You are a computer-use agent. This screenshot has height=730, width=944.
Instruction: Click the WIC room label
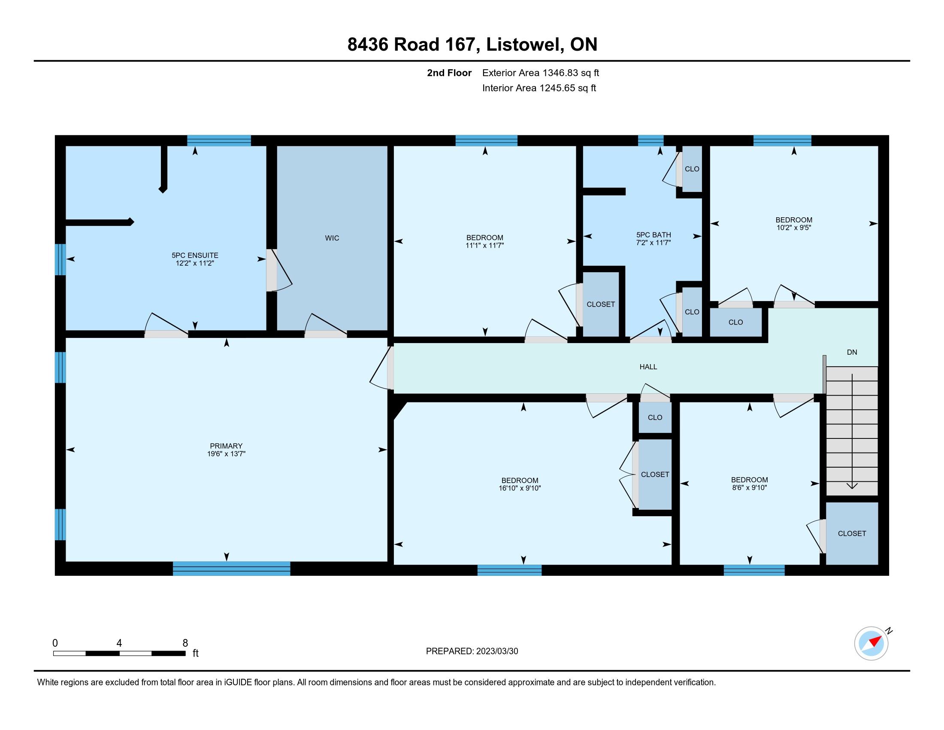[332, 238]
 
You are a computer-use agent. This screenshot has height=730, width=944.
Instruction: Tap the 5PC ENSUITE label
[195, 255]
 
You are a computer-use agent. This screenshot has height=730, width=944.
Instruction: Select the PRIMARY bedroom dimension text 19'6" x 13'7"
[226, 453]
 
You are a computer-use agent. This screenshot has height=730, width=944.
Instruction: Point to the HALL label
[648, 367]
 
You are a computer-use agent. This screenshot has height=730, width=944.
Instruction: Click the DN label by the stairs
[852, 352]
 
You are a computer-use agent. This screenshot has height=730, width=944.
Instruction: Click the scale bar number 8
[185, 643]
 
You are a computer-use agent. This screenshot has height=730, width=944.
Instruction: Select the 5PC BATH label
[654, 235]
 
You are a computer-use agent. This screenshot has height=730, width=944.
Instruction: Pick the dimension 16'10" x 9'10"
[520, 488]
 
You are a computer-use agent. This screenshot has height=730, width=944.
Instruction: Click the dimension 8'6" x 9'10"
[750, 487]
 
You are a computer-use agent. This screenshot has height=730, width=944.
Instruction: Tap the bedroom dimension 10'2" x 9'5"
[793, 228]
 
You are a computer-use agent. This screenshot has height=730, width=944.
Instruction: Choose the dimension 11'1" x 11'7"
[485, 245]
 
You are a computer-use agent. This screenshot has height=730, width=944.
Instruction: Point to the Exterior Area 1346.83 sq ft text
[541, 73]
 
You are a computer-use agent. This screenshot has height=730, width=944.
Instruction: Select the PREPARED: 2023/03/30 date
[472, 651]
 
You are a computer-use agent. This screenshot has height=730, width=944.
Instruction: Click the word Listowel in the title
[525, 45]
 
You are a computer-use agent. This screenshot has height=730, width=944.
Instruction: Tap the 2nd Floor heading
[449, 73]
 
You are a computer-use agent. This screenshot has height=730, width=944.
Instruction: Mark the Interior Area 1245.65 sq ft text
[539, 88]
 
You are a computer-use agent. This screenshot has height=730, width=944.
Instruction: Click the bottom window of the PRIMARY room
[232, 568]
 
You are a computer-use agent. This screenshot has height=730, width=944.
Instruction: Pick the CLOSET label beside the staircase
[852, 534]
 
